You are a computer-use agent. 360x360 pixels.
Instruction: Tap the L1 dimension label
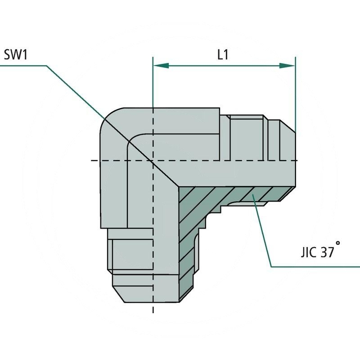click(x=222, y=55)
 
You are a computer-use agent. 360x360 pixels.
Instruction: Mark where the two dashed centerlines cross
click(x=153, y=161)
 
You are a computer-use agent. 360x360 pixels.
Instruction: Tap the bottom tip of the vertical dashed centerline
click(x=153, y=311)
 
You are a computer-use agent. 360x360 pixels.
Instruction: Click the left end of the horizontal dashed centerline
click(x=92, y=161)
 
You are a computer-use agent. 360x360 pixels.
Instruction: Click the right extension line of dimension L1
click(x=296, y=90)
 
